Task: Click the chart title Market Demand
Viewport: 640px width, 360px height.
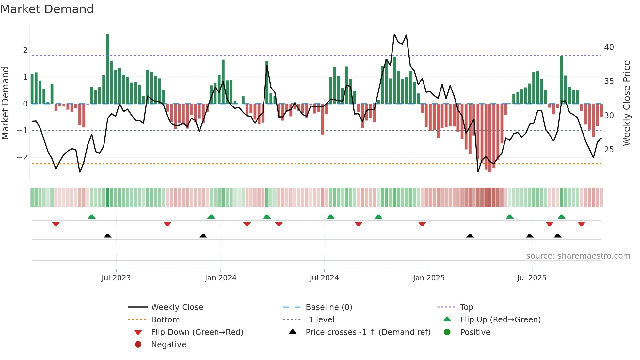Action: [47, 9]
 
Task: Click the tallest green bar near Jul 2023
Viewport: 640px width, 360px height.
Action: [108, 69]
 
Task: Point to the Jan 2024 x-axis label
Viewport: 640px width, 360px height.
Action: [220, 278]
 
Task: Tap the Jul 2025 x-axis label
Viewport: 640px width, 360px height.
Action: [531, 278]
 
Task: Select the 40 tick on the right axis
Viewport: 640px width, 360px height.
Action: [609, 47]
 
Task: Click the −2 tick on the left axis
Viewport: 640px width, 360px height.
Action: [23, 158]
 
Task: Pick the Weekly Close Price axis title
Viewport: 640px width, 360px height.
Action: [626, 103]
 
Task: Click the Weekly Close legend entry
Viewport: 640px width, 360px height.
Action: [177, 307]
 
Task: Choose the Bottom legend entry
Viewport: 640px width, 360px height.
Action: [165, 320]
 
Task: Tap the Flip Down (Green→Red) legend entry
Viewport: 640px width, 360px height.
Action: [197, 332]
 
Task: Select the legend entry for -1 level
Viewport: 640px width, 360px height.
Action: [320, 320]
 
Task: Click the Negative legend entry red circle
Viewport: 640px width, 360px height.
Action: [138, 345]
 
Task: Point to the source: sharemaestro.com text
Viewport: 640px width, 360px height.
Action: [578, 256]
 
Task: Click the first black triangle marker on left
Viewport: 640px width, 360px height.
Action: [107, 236]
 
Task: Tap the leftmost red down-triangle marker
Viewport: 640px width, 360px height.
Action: [56, 224]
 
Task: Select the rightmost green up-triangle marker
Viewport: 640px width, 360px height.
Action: [561, 217]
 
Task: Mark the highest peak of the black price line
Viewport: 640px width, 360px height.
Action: [394, 34]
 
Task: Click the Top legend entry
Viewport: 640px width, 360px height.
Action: [466, 307]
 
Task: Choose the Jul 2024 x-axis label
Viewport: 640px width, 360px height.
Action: [324, 278]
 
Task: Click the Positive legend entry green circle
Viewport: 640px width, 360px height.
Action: [447, 332]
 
